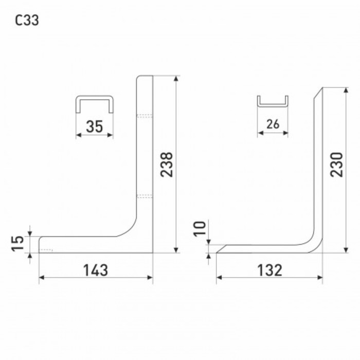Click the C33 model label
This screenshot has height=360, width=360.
pos(27,20)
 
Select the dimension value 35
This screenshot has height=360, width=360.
pos(94,127)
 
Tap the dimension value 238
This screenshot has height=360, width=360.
pos(166,165)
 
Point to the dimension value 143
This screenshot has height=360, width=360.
pos(95,270)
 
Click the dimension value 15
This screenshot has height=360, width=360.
pos(17,243)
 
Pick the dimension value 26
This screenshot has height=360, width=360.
pos(273,124)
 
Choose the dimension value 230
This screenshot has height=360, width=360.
pos(336,165)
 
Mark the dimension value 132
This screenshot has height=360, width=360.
pos(269,270)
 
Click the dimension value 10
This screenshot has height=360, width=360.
pos(200,228)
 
